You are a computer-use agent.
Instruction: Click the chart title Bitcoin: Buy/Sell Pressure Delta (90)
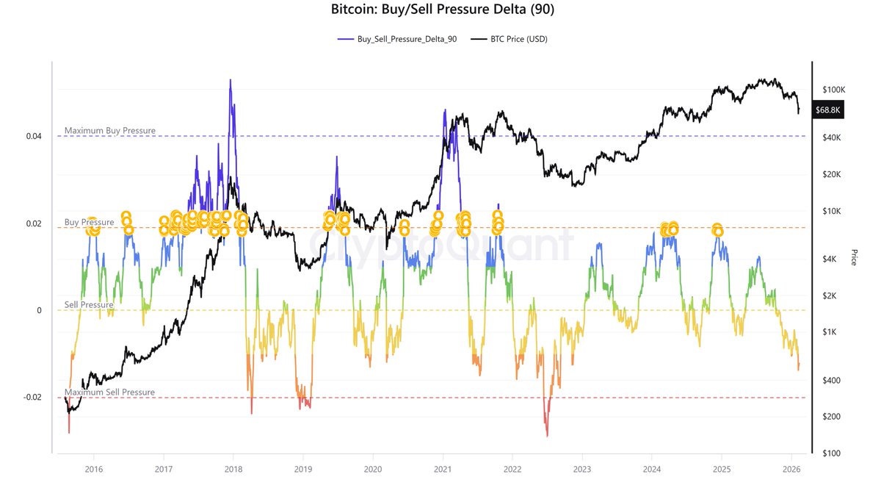tap(440, 11)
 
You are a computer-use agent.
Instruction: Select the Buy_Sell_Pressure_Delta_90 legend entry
tap(397, 39)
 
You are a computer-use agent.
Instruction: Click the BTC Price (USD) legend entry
tap(518, 39)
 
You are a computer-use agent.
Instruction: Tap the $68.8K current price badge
tap(831, 110)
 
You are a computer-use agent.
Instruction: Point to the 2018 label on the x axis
tap(233, 468)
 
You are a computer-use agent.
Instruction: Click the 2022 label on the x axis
tap(512, 468)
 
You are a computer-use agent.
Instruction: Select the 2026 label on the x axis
tap(791, 468)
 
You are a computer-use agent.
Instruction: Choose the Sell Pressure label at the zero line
tap(89, 304)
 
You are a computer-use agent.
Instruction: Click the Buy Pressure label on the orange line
tap(89, 222)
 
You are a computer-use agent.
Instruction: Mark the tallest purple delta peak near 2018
tap(231, 80)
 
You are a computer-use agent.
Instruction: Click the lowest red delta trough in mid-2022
tap(547, 436)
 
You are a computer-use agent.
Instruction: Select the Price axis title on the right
tap(854, 257)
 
